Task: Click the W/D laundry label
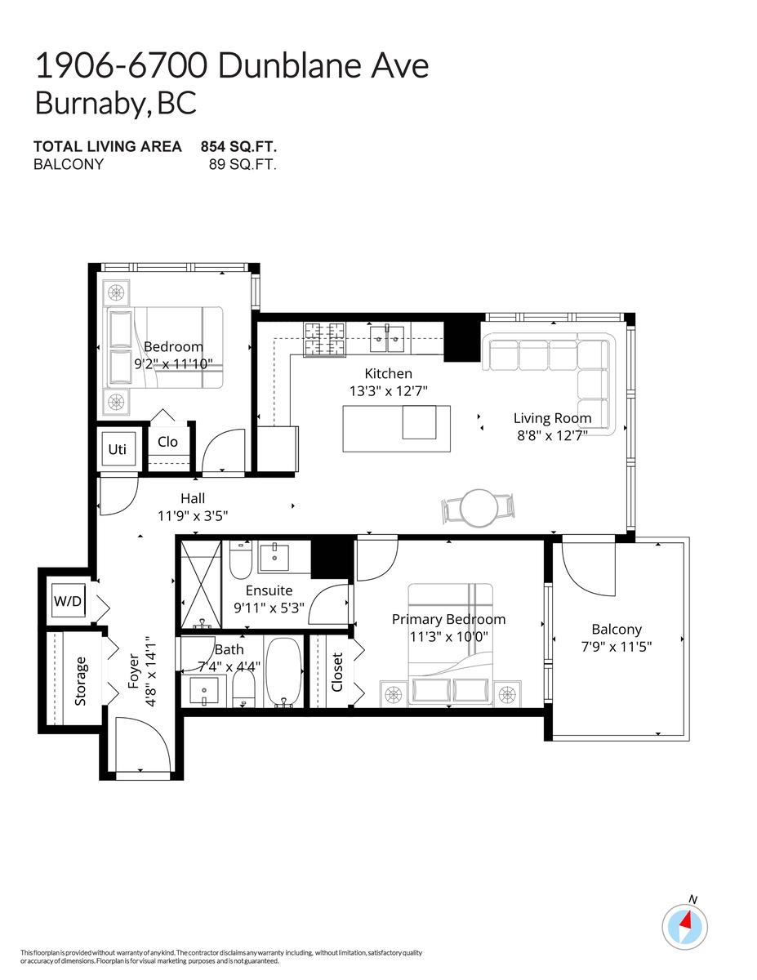pos(68,602)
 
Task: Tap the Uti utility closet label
pos(117,449)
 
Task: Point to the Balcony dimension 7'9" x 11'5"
pos(617,646)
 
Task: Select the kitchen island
pos(396,428)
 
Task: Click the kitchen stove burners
pos(326,339)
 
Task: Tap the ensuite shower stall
pos(200,581)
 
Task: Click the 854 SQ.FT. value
pos(238,147)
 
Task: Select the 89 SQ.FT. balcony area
pos(243,164)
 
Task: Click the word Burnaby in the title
pos(90,104)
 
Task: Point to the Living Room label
pos(552,418)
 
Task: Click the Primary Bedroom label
pos(448,619)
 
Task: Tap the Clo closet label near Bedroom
pos(167,442)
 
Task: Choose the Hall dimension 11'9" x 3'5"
pos(192,515)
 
